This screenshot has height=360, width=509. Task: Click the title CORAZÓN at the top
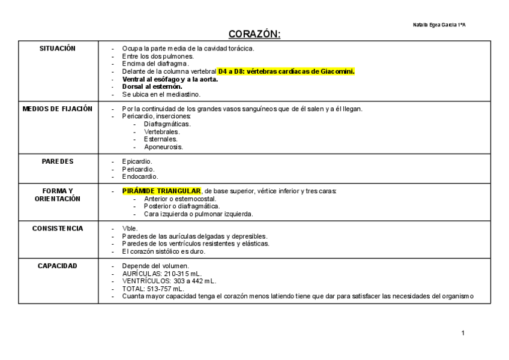254,34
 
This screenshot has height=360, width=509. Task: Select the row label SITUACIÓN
58,49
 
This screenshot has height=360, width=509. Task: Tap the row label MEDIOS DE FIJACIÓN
58,109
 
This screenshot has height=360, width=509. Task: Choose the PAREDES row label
58,161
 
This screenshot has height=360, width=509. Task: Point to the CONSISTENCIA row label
58,229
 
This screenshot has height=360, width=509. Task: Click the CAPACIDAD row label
58,266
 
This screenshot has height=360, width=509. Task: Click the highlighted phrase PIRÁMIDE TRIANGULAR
162,191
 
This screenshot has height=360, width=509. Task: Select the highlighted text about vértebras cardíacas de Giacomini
286,71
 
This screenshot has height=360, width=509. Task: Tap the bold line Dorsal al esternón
152,86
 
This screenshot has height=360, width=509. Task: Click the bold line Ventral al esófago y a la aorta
170,79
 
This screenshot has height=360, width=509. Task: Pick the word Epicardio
137,161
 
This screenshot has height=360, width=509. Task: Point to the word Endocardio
140,176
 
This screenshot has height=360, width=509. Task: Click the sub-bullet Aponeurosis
163,146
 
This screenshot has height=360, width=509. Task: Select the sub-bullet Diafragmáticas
167,124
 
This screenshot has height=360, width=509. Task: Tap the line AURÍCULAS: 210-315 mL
162,274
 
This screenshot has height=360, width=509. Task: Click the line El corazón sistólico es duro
163,251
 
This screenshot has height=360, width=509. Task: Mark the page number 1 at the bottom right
463,334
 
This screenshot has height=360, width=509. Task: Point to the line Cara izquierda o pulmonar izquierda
198,214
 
